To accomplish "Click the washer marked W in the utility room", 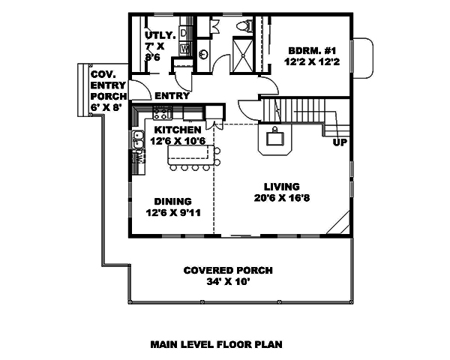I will tap(185, 49).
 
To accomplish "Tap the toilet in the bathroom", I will tap(241, 27).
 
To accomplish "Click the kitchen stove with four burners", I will tap(161, 113).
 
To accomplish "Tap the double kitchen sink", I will tap(138, 138).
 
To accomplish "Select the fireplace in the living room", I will tap(274, 138).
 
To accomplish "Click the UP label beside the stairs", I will tap(338, 142).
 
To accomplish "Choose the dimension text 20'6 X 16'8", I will tap(281, 199).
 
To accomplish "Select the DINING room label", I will tap(172, 201).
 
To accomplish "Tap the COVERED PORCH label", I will tap(228, 270).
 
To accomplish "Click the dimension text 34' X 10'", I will tap(228, 282).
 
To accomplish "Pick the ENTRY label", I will tap(172, 96).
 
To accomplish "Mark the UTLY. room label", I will tap(159, 34).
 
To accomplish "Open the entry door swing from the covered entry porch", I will tap(137, 89).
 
